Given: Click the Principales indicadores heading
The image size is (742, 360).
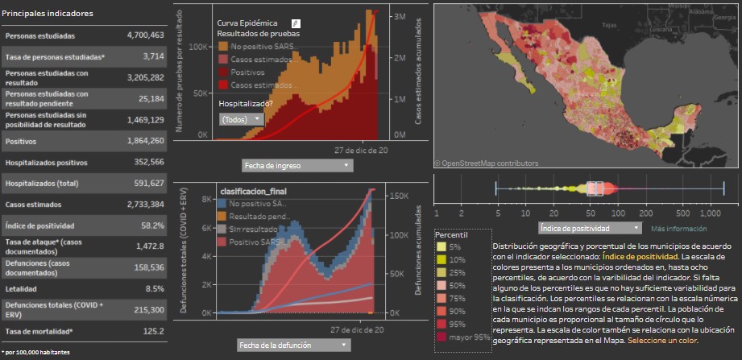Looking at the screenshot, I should point(48,14).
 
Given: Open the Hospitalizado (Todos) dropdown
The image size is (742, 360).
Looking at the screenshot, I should point(241,118).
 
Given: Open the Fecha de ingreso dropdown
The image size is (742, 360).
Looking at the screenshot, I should point(297,165).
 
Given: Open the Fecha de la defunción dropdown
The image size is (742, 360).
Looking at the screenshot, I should point(294,345).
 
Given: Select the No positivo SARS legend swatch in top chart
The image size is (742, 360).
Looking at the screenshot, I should point(223,46).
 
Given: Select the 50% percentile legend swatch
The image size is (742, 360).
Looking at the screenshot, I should point(442,285).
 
